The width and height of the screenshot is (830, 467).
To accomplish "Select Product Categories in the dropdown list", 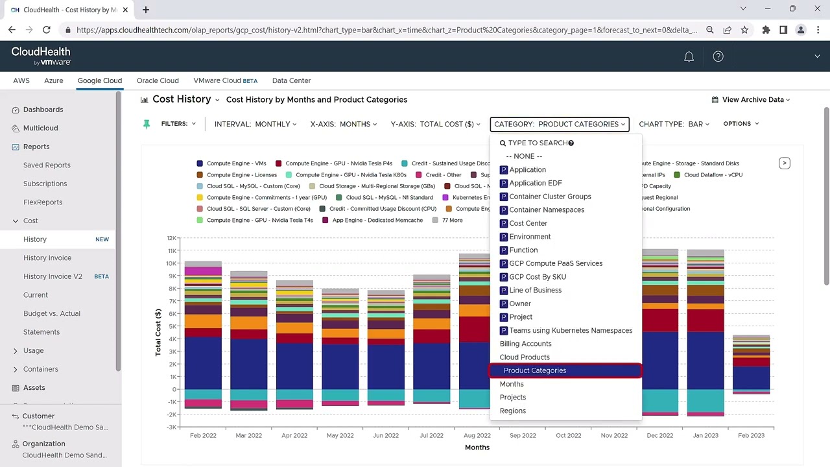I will pyautogui.click(x=535, y=370).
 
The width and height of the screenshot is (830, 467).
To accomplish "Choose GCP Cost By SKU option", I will pyautogui.click(x=537, y=277).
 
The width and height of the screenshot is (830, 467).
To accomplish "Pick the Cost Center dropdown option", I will pyautogui.click(x=528, y=223).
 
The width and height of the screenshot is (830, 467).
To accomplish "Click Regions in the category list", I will pyautogui.click(x=512, y=411).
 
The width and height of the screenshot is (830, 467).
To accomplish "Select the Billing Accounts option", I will pyautogui.click(x=525, y=344).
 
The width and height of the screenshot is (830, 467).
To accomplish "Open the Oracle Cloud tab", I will pyautogui.click(x=158, y=80).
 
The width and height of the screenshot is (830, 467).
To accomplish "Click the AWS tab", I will pyautogui.click(x=21, y=80).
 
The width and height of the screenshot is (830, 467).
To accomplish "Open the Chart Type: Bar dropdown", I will pyautogui.click(x=674, y=124).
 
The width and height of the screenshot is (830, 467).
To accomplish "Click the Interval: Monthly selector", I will pyautogui.click(x=255, y=124).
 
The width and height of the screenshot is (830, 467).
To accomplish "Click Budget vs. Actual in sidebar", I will pyautogui.click(x=52, y=313).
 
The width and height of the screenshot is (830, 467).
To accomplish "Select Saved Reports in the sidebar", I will pyautogui.click(x=47, y=165).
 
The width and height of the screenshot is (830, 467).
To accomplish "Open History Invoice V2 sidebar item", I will pyautogui.click(x=53, y=276).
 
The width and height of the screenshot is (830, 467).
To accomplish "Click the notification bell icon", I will pyautogui.click(x=689, y=57).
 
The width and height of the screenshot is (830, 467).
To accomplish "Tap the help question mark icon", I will pyautogui.click(x=718, y=57).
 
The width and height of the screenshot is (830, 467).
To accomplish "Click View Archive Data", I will pyautogui.click(x=752, y=100).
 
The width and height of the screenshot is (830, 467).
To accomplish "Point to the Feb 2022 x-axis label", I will pyautogui.click(x=203, y=435).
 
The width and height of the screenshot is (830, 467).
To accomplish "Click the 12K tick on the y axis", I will pyautogui.click(x=172, y=238).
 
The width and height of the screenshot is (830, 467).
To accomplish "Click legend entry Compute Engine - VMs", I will pyautogui.click(x=236, y=163).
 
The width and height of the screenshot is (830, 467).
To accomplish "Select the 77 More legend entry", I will pyautogui.click(x=452, y=221).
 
